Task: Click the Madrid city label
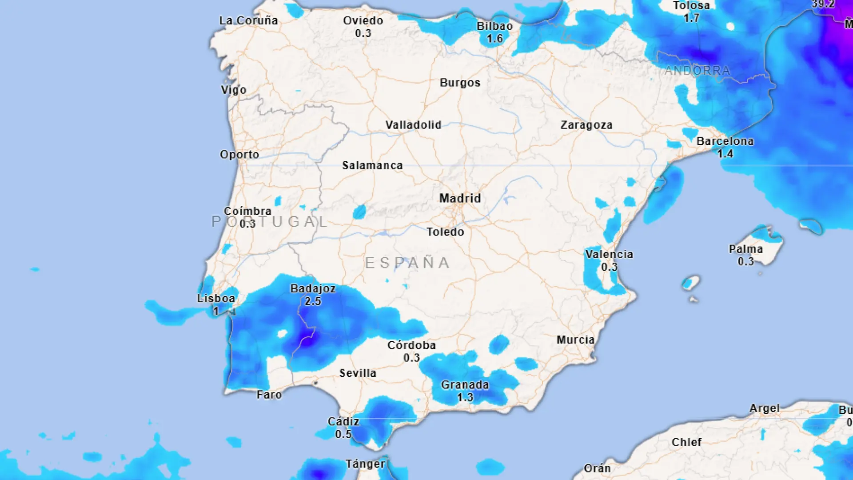pyautogui.click(x=460, y=198)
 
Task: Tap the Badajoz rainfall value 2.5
pyautogui.click(x=313, y=301)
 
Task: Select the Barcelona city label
pyautogui.click(x=725, y=141)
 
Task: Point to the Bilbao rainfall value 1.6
pyautogui.click(x=494, y=39)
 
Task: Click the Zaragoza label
pyautogui.click(x=586, y=125)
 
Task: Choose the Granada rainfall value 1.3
pyautogui.click(x=465, y=397)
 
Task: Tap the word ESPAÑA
pyautogui.click(x=407, y=263)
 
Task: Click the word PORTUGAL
pyautogui.click(x=270, y=221)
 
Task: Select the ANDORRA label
pyautogui.click(x=697, y=71)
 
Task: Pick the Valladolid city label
pyautogui.click(x=413, y=125)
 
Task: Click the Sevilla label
pyautogui.click(x=358, y=373)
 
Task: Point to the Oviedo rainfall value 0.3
pyautogui.click(x=363, y=33)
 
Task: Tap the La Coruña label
pyautogui.click(x=248, y=20)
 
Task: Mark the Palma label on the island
pyautogui.click(x=745, y=249)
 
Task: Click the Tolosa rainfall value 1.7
pyautogui.click(x=691, y=18)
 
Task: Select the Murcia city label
pyautogui.click(x=575, y=340)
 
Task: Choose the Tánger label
pyautogui.click(x=365, y=464)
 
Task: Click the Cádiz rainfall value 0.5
pyautogui.click(x=343, y=434)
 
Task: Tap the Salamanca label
pyautogui.click(x=372, y=165)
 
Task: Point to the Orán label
pyautogui.click(x=597, y=468)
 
